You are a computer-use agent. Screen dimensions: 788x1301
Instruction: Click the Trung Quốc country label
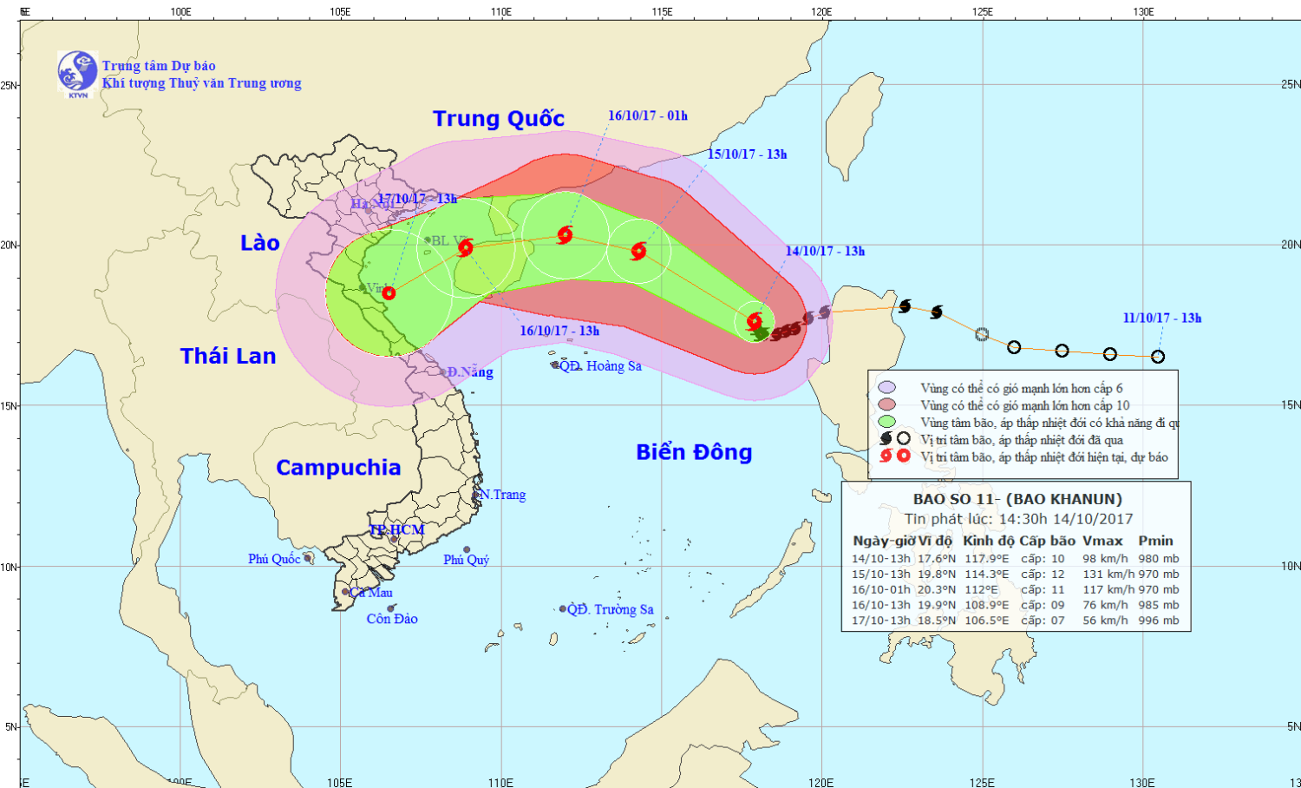(x=499, y=119)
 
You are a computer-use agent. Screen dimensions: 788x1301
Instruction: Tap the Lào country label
(x=260, y=243)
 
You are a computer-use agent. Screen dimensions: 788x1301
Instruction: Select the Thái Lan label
(x=228, y=356)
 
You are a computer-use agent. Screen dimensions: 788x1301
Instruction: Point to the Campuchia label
(x=338, y=468)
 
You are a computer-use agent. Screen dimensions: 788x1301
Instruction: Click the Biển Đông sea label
(x=694, y=452)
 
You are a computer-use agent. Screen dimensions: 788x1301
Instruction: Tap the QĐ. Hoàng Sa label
(x=600, y=366)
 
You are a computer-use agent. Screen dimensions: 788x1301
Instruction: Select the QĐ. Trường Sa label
(x=611, y=609)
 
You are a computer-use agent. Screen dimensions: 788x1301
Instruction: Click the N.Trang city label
(x=503, y=495)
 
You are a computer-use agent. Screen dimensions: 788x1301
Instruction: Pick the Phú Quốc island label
(x=274, y=559)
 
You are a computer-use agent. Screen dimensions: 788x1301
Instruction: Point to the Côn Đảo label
(x=392, y=619)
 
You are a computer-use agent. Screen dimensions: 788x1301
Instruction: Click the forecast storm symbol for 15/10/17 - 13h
(x=638, y=252)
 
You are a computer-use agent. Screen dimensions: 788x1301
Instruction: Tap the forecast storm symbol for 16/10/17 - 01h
(x=565, y=234)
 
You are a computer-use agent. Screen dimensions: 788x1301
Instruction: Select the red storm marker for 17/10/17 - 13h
(x=389, y=293)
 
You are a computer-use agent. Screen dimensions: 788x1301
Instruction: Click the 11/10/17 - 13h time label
(x=1162, y=318)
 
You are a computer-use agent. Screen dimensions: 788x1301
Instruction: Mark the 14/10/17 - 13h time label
(x=825, y=251)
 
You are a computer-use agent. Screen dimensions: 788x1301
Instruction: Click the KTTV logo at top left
(x=77, y=72)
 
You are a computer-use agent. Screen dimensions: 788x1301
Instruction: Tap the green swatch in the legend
(x=886, y=423)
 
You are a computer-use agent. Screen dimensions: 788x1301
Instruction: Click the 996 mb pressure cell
(x=1159, y=621)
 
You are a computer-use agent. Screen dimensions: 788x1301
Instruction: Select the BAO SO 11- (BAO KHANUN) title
(x=1017, y=499)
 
